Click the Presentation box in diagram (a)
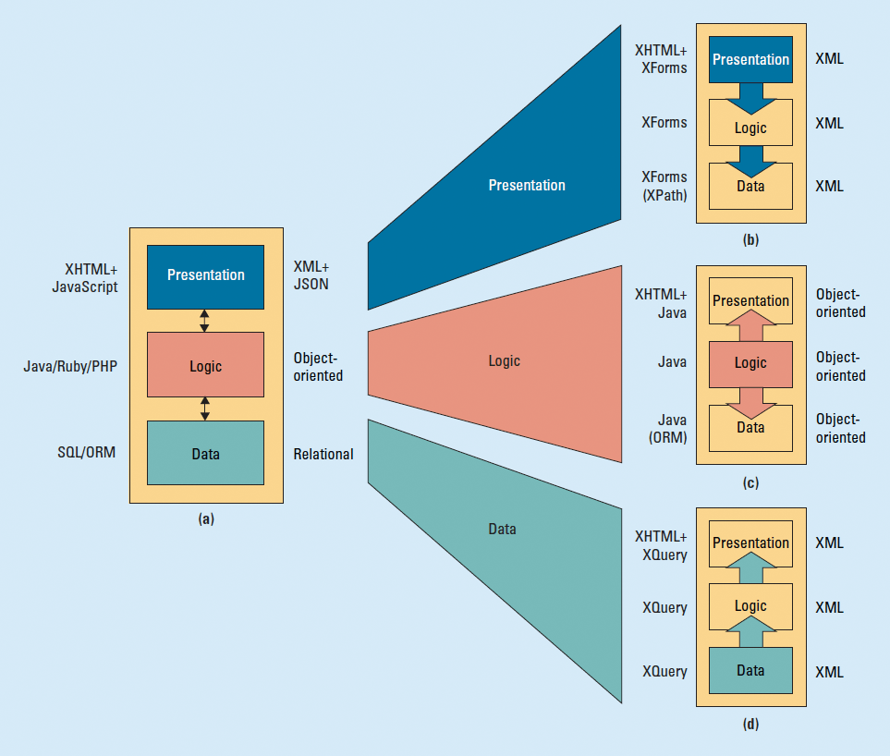pos(206,274)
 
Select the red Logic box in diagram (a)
pos(206,366)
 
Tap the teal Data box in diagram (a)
pos(206,454)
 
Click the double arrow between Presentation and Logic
pos(205,321)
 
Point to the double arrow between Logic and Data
pos(205,409)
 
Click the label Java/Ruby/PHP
pos(70,367)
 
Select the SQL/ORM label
pos(87,454)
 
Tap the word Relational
pos(323,454)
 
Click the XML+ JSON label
pos(311,275)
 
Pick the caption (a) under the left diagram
pos(206,519)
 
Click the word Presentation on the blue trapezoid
pos(527,185)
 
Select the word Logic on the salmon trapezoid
pos(505,361)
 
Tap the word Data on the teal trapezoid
pos(502,530)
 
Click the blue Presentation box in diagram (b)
pos(750,59)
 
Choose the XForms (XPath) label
pos(664,186)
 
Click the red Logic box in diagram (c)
pos(750,363)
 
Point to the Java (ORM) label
pos(666,429)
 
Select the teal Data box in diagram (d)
pos(750,671)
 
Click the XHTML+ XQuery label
pos(661,545)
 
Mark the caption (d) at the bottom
pos(750,724)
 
